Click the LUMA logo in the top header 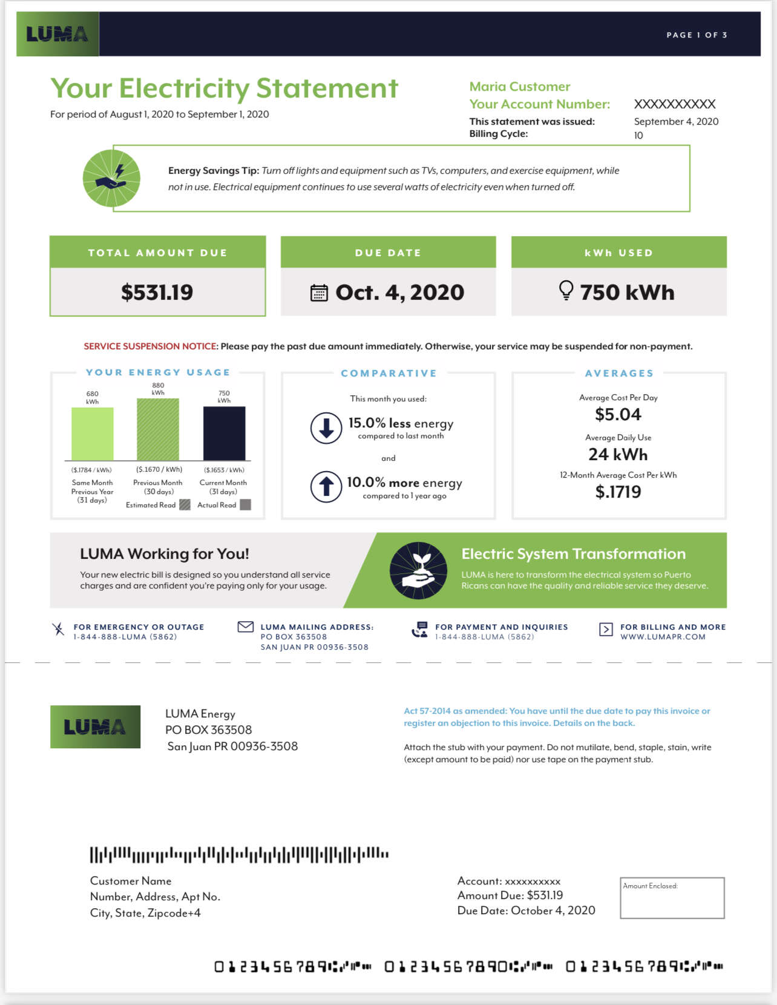click(57, 34)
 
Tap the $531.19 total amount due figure click(157, 292)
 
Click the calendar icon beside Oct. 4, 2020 click(319, 293)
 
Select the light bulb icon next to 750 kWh click(566, 291)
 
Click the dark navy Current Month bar click(224, 433)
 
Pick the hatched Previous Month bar click(158, 429)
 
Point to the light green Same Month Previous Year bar click(93, 434)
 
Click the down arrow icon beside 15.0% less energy click(326, 428)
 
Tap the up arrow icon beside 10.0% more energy click(326, 486)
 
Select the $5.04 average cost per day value click(618, 415)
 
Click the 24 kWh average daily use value click(618, 454)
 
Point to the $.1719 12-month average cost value click(618, 492)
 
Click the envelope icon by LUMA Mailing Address click(246, 627)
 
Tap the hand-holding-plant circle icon click(419, 570)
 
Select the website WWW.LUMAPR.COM click(663, 637)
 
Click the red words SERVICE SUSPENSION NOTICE click(151, 346)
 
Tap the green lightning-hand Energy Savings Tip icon click(111, 178)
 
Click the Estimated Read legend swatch click(185, 505)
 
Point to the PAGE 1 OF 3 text click(697, 35)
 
